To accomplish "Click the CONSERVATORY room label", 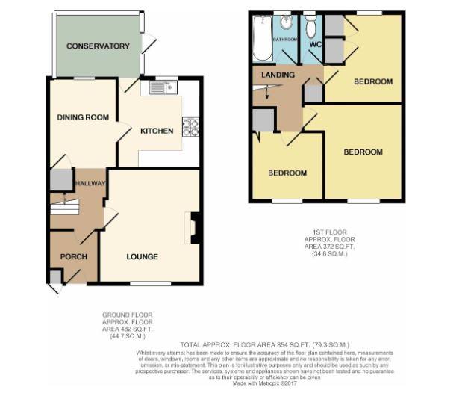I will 98,46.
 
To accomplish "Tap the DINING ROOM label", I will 84,117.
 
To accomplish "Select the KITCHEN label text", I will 157,131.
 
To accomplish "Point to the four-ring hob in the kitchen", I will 191,127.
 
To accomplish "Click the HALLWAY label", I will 89,183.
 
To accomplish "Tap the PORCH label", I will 74,257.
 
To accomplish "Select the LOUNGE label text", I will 142,257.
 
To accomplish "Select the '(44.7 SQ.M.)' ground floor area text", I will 121,338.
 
